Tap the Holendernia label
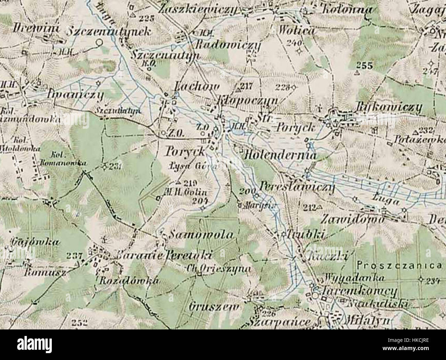[280, 155]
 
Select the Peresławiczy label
[297, 187]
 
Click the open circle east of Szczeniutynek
[99, 43]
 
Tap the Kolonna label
[347, 9]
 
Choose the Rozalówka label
[129, 281]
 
